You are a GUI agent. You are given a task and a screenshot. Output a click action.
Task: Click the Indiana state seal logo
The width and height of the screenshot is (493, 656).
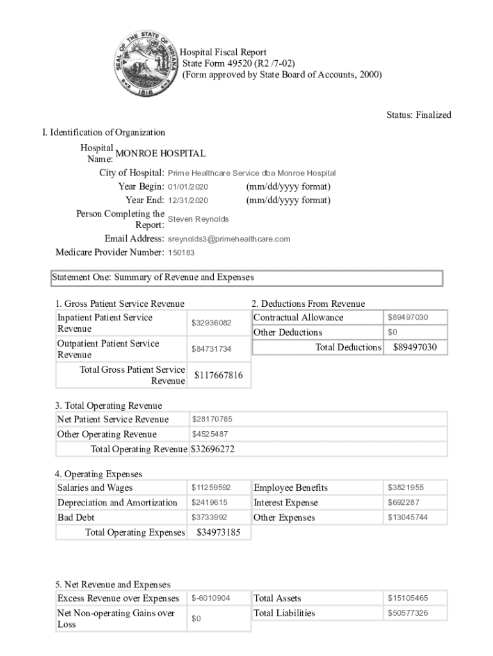[x=146, y=63]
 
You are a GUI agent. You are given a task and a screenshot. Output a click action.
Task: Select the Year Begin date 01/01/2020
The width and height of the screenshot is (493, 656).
[x=188, y=187]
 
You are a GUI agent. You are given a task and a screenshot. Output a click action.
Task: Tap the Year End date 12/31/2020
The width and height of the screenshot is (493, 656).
[x=188, y=201]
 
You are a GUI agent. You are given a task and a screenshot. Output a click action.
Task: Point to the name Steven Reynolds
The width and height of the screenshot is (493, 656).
[x=198, y=219]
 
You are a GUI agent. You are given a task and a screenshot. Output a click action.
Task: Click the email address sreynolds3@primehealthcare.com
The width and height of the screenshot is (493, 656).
[x=229, y=239]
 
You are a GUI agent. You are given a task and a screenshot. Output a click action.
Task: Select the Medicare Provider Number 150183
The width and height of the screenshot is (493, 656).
[x=181, y=252]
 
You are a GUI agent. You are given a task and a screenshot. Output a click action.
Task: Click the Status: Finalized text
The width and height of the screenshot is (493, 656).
[x=419, y=115]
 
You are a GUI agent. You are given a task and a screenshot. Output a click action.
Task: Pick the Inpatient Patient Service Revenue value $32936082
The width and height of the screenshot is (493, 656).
[x=211, y=323]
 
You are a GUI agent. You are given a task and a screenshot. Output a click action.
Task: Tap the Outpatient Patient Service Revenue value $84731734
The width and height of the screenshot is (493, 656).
[x=211, y=349]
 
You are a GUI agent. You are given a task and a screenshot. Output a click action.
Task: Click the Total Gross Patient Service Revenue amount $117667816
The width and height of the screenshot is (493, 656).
[x=218, y=375]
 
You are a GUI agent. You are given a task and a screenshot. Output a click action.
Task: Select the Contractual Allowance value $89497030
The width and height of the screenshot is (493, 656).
[x=408, y=318]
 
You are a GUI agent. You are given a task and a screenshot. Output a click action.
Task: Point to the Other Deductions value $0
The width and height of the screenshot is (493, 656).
[x=392, y=332]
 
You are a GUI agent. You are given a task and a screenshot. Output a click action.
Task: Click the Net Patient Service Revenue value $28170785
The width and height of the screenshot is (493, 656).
[x=212, y=420]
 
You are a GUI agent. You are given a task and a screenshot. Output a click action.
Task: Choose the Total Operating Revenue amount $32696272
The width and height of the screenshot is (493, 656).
[x=213, y=449]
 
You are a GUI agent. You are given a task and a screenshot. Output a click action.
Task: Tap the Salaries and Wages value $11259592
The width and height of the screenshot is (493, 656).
[x=211, y=488]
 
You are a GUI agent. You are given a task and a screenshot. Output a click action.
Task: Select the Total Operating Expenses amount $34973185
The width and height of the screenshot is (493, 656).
[x=218, y=532]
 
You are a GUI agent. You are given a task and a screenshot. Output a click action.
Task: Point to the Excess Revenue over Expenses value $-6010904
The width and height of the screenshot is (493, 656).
[x=211, y=599]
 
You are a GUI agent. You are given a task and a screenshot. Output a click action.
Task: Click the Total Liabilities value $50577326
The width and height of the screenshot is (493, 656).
[x=408, y=614]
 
